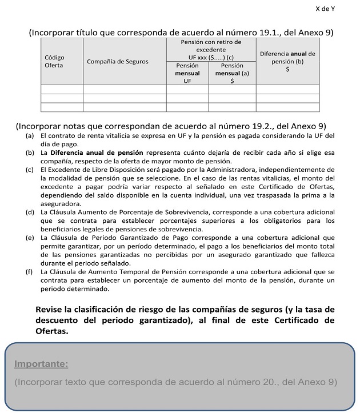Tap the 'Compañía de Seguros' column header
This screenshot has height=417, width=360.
coord(117,62)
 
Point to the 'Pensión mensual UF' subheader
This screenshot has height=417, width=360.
coord(187,73)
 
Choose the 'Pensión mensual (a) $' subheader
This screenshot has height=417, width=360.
coord(232,73)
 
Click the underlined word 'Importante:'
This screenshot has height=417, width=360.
coord(41,364)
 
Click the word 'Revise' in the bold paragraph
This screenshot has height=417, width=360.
coord(52,309)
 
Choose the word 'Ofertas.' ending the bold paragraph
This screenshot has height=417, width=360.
coord(52,331)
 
